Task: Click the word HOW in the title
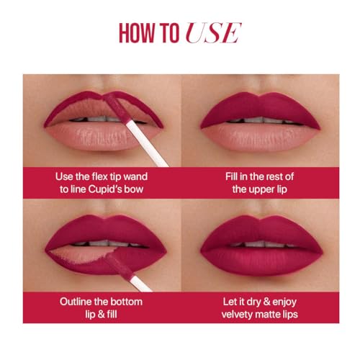(x=137, y=33)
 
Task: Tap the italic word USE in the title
(x=213, y=33)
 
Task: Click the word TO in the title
(x=169, y=33)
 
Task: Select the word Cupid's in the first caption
(x=104, y=189)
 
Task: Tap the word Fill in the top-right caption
(x=231, y=176)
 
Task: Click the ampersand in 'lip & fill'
(x=101, y=315)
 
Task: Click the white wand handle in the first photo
(x=147, y=145)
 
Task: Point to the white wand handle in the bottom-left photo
(x=142, y=284)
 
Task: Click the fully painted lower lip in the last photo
(x=261, y=261)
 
